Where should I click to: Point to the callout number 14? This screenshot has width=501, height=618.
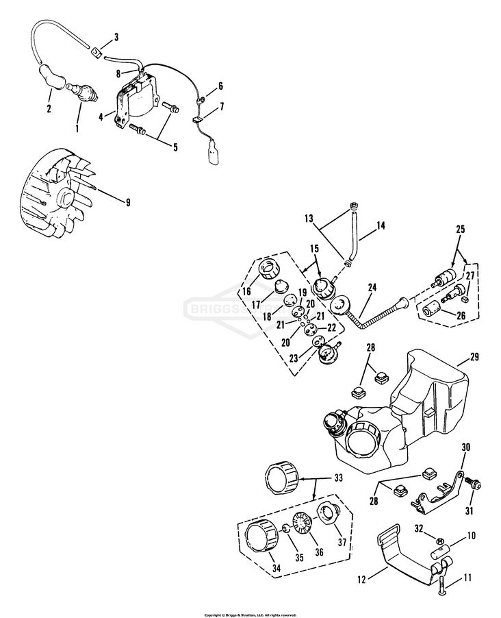pyautogui.click(x=382, y=224)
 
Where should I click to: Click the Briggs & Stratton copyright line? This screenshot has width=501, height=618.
pyautogui.click(x=250, y=615)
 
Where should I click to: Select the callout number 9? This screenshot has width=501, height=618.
pyautogui.click(x=127, y=201)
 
